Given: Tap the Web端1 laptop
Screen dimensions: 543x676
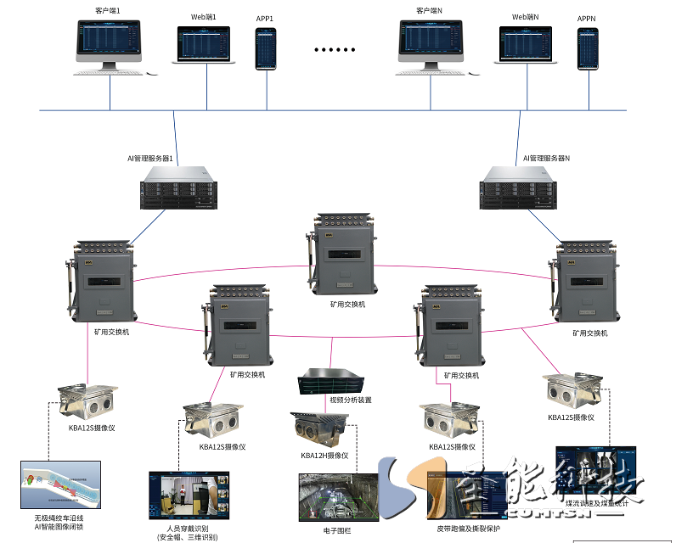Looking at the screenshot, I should (204, 46).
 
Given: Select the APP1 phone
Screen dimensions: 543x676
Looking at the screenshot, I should (266, 48).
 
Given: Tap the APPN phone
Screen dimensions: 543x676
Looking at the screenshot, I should (588, 49).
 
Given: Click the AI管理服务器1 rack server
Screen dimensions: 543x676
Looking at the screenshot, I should (175, 188).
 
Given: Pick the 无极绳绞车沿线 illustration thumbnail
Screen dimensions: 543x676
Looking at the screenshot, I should (60, 485).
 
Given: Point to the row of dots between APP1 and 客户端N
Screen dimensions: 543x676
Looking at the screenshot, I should (335, 50).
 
